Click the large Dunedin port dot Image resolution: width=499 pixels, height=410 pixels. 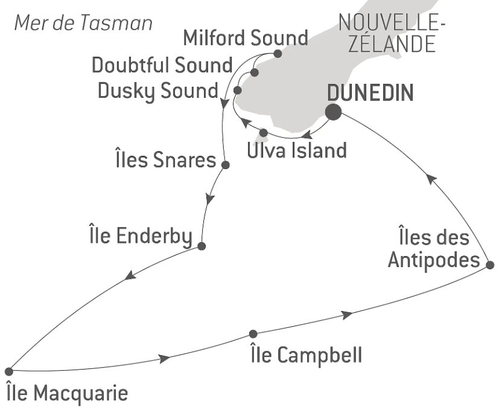click(x=334, y=112)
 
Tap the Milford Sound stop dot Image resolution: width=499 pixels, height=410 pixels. click(x=278, y=54)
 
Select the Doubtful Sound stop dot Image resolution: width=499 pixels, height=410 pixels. click(x=254, y=72)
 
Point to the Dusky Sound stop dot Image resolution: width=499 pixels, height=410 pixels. click(x=237, y=91)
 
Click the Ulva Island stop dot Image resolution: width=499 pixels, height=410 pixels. click(x=264, y=132)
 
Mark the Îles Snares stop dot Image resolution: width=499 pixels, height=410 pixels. click(x=225, y=165)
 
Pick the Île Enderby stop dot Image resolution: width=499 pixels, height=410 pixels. click(x=202, y=246)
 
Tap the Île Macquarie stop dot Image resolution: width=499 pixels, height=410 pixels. click(x=9, y=371)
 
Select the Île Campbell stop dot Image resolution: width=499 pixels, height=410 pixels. click(x=253, y=334)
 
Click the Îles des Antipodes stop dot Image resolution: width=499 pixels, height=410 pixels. click(x=490, y=264)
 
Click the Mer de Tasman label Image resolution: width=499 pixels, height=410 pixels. click(x=83, y=24)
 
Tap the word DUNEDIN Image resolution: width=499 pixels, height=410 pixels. click(x=370, y=93)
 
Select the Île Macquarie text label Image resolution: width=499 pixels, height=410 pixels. click(x=67, y=393)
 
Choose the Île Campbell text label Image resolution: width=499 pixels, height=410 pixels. click(x=306, y=354)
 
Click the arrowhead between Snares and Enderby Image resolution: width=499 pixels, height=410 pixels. click(x=210, y=199)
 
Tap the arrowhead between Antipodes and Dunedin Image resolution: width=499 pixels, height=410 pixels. click(x=431, y=179)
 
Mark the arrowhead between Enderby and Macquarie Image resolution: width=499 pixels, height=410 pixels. click(x=130, y=275)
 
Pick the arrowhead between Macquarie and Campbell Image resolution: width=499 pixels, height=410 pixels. click(x=164, y=359)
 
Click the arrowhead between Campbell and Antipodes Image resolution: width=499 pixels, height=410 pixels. click(x=347, y=315)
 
